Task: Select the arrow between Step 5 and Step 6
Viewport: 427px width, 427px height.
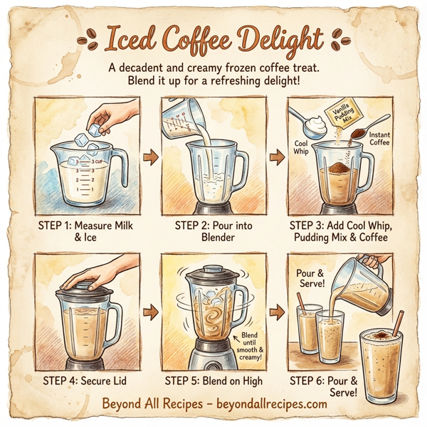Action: click(x=275, y=311)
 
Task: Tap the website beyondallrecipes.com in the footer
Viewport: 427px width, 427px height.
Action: click(x=269, y=404)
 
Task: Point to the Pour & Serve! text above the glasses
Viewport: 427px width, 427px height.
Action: click(x=311, y=278)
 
